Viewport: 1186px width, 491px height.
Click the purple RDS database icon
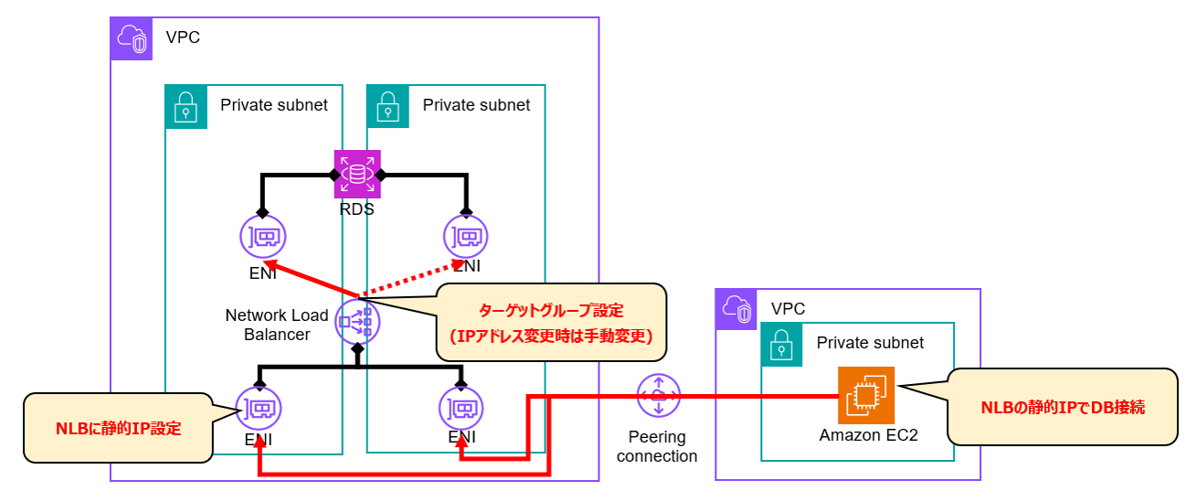[357, 174]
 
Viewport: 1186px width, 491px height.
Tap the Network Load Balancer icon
[357, 321]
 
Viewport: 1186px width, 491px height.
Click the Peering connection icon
[658, 396]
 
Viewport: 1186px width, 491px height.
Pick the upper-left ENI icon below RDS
[263, 237]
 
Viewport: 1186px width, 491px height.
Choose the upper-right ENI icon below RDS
[466, 237]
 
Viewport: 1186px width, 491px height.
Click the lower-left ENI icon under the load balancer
[259, 409]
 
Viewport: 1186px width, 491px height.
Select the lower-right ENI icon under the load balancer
[461, 409]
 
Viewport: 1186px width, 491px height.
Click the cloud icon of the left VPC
[132, 38]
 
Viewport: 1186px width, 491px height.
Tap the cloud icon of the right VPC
[736, 310]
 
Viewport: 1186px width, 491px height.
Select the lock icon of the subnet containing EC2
[782, 343]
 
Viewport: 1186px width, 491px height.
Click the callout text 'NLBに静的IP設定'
[119, 427]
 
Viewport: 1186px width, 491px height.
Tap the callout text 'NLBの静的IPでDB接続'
[1063, 408]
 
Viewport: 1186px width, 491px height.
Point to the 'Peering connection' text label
[657, 446]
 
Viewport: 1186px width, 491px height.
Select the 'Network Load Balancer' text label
[277, 325]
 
